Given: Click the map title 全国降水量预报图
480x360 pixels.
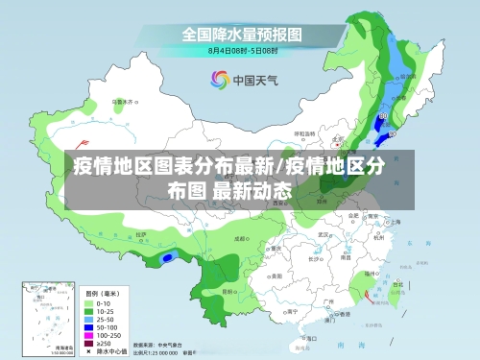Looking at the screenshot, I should tap(242, 33).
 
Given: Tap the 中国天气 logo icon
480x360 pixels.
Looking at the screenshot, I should tap(218, 80).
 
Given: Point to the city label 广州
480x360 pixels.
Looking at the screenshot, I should tap(329, 300).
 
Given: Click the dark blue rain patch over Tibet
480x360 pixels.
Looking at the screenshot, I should tap(169, 257).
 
